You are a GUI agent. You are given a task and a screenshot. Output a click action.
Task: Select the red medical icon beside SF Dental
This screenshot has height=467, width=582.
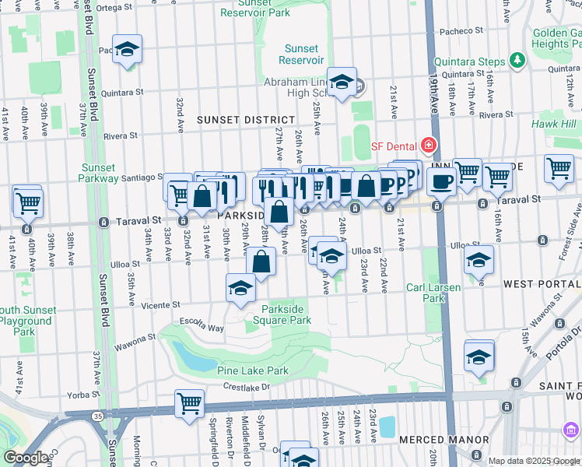427,145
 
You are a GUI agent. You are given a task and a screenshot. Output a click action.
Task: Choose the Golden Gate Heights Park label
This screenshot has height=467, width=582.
557,38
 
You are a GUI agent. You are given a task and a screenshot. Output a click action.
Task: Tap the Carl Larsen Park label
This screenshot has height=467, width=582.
433,293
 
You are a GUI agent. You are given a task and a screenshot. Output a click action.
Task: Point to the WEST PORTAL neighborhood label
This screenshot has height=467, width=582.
542,284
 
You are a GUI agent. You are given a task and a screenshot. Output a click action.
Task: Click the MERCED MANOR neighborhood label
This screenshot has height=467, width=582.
432,440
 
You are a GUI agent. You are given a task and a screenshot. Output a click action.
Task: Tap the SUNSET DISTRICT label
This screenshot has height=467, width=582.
245,120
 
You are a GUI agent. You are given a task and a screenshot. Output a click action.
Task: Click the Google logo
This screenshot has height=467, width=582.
26,458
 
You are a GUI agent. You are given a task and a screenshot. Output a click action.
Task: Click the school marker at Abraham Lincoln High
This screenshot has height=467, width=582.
341,83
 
